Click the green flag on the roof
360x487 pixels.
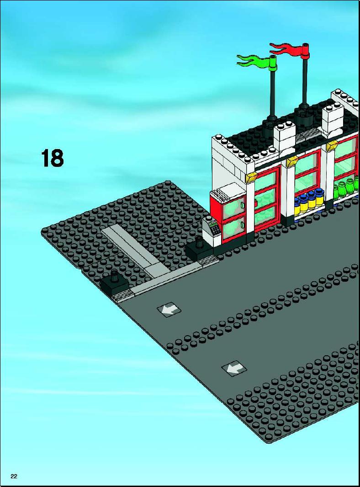click(256, 60)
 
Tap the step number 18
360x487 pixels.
click(52, 158)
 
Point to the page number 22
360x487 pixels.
click(14, 476)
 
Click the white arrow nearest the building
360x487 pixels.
click(169, 309)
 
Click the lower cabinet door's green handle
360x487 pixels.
click(243, 224)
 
